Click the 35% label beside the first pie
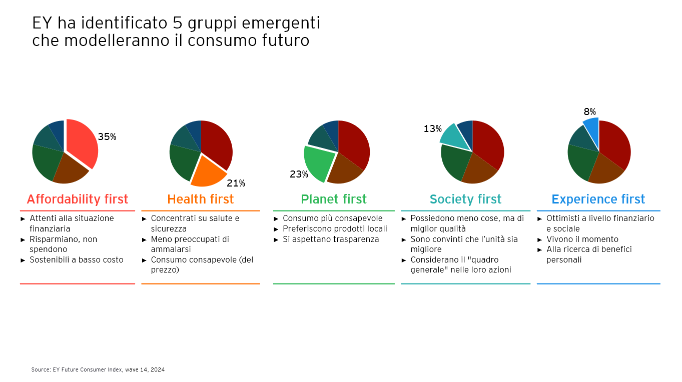pos(107,136)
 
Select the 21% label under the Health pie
pos(236,183)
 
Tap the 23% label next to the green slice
pos(299,174)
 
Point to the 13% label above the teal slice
pos(432,128)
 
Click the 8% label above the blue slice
pos(589,111)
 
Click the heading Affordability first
pos(78,199)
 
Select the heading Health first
pos(200,199)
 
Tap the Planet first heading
pos(334,199)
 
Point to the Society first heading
pos(465,199)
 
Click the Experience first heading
pos(598,199)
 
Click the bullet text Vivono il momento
pos(582,239)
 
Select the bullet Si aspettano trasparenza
pos(331,239)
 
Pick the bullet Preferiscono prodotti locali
pos(335,228)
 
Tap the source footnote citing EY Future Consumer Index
pos(98,369)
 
